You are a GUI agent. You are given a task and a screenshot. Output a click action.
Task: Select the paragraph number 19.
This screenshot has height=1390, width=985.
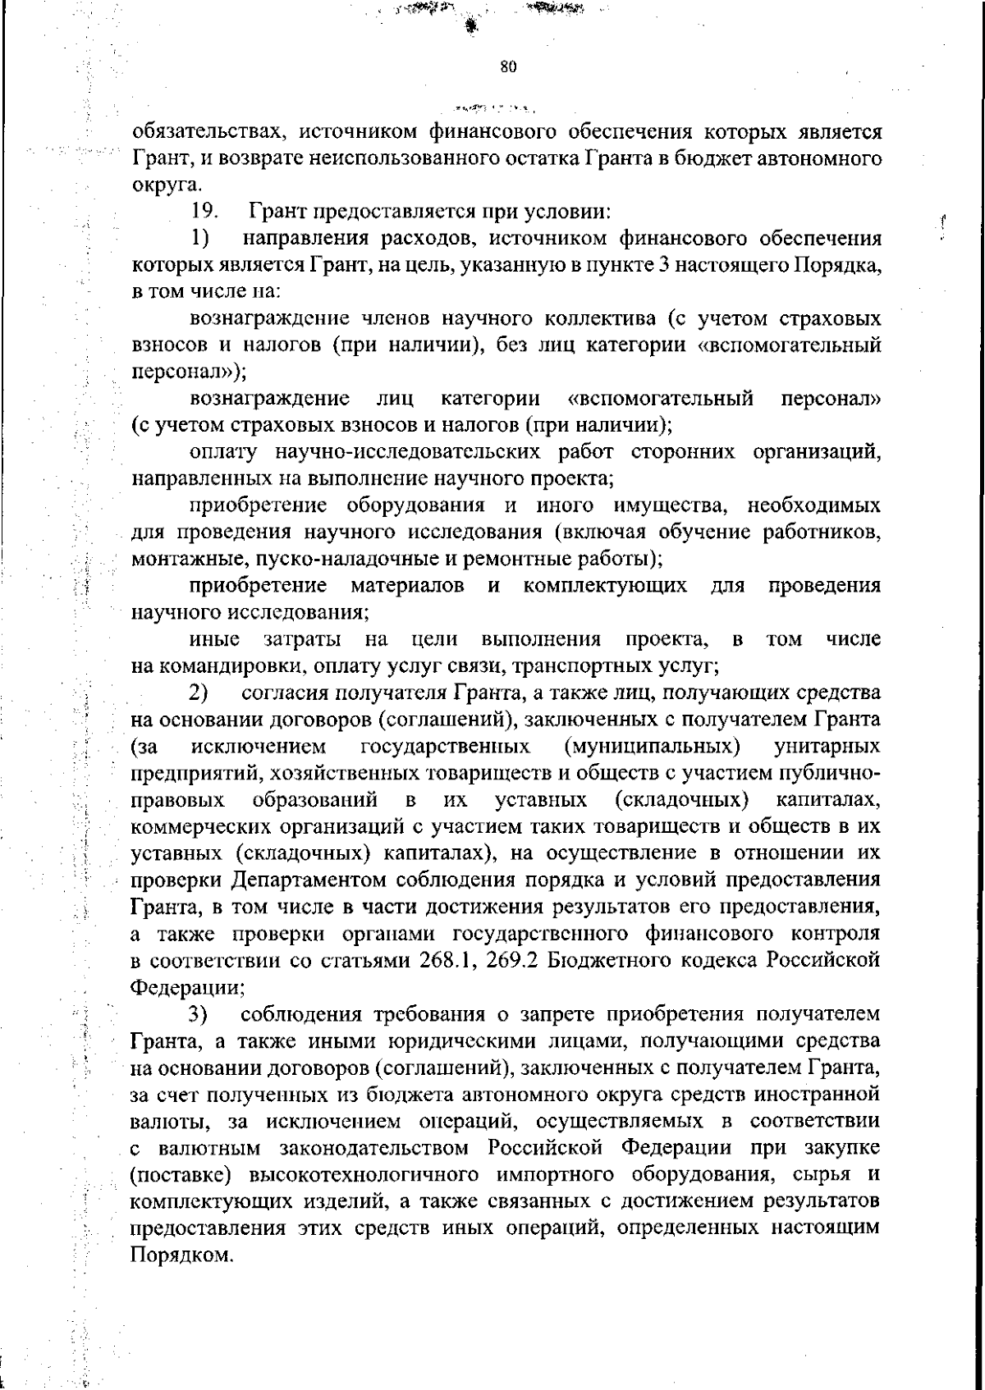pyautogui.click(x=204, y=212)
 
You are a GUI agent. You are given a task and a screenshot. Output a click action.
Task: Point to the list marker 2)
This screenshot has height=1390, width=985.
pyautogui.click(x=200, y=693)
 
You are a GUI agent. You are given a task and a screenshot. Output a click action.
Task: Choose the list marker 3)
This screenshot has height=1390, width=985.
pyautogui.click(x=200, y=1015)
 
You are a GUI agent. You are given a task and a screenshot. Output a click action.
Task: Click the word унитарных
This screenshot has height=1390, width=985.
pyautogui.click(x=827, y=747)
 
